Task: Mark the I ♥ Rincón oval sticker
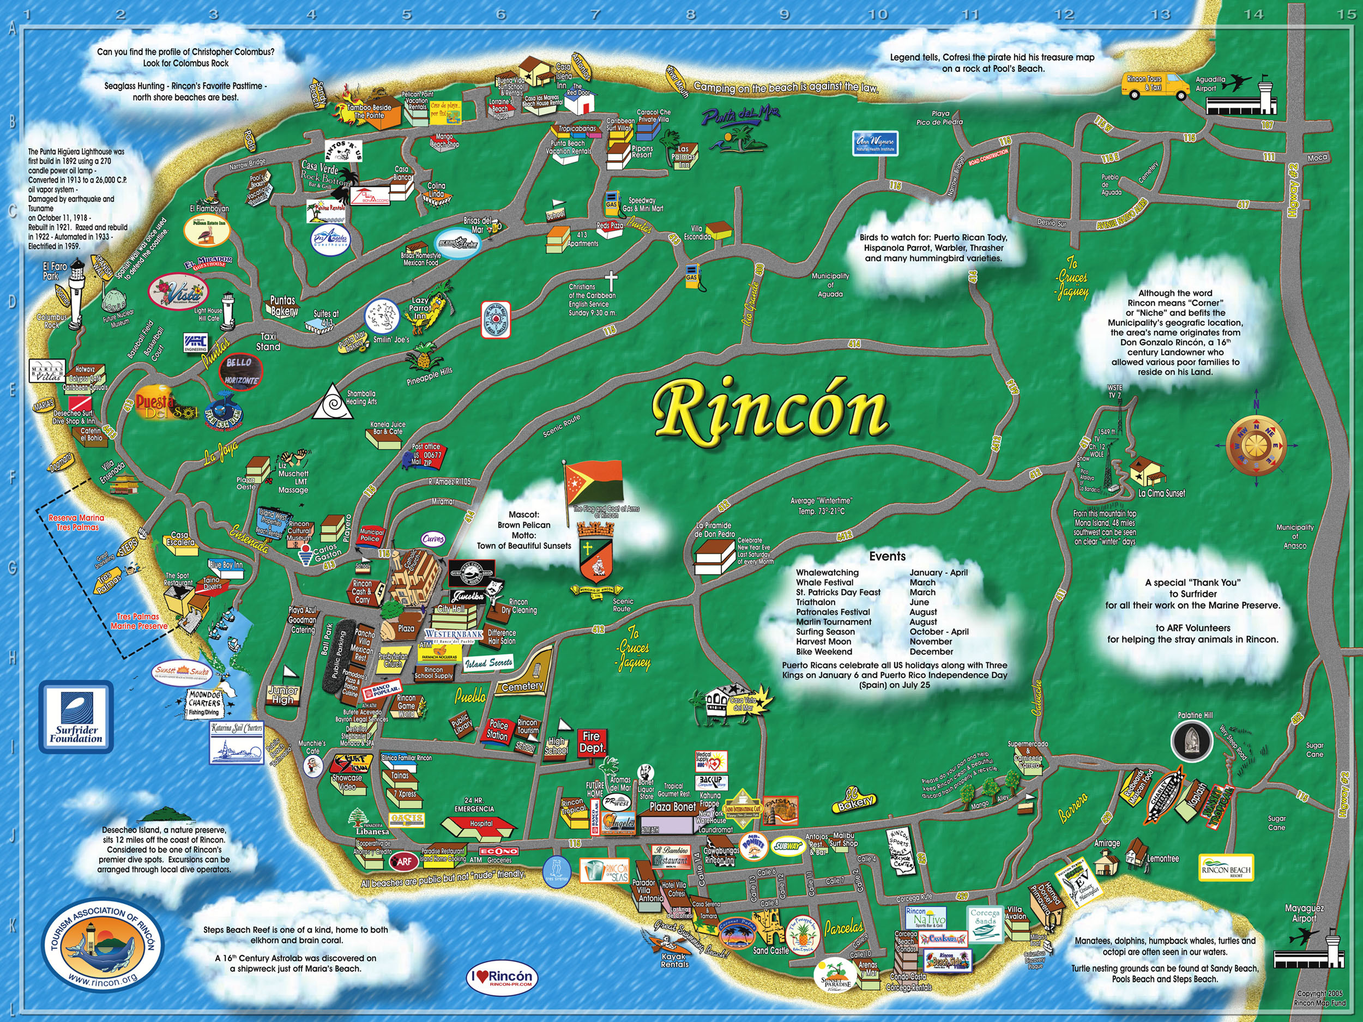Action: pyautogui.click(x=502, y=978)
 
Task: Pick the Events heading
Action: pyautogui.click(x=886, y=557)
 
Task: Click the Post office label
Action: pyautogui.click(x=426, y=446)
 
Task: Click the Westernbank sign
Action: pyautogui.click(x=454, y=634)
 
